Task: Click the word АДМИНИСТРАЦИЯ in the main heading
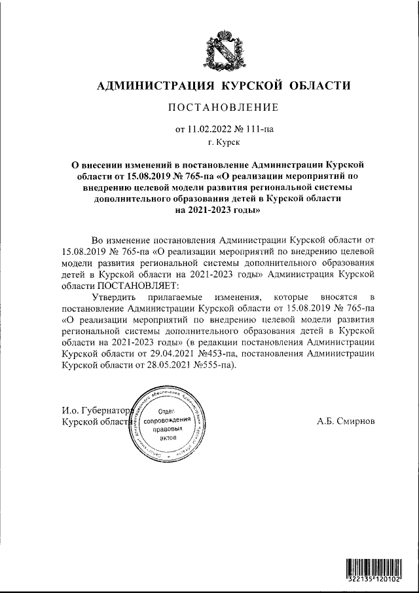point(156,85)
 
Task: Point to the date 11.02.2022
point(210,129)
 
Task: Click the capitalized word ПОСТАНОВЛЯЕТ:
point(139,286)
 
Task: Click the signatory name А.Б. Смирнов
point(345,420)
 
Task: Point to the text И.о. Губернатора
point(96,411)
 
